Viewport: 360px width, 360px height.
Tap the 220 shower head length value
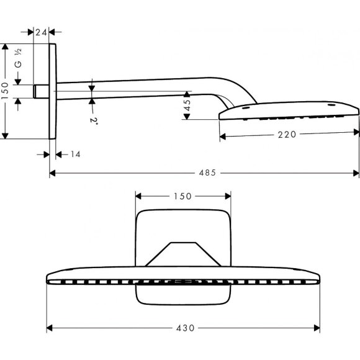coord(289,133)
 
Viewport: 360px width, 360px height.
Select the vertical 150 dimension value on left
coord(6,91)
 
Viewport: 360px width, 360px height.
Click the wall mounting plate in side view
coord(53,91)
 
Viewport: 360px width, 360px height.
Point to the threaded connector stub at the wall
coord(41,91)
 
